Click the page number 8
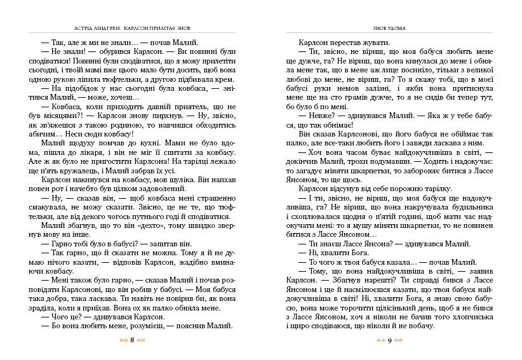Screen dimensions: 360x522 coord(131,340)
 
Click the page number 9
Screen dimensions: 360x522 coord(389,340)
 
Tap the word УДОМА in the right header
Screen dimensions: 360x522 coord(394,28)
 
